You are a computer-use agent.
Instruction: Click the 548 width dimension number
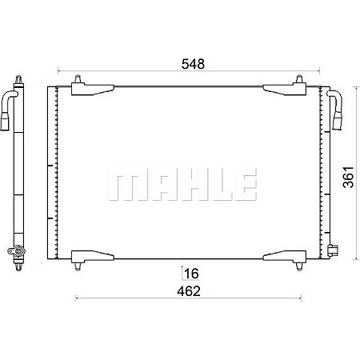[193, 64]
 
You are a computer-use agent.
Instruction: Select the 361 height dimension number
[348, 177]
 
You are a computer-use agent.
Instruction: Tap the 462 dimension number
[189, 291]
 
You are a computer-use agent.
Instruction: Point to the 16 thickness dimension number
[191, 274]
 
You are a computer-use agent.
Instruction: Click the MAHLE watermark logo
[182, 184]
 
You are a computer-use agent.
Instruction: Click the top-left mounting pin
[78, 79]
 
